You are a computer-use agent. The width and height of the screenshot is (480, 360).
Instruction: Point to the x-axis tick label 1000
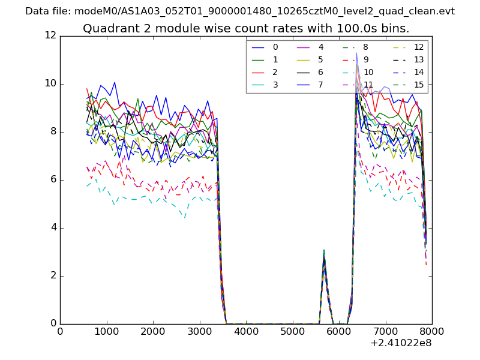(107, 332)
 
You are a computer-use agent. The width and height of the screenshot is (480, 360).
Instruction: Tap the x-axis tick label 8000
(432, 332)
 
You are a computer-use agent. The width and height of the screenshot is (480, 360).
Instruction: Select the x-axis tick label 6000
(339, 332)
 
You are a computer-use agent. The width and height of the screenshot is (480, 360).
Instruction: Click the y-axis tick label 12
(50, 35)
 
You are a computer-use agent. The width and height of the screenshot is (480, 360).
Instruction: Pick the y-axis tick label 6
(53, 179)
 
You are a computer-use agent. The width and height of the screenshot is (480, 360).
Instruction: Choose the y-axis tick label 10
(50, 83)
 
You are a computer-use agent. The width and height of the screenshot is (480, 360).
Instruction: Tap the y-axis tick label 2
(53, 275)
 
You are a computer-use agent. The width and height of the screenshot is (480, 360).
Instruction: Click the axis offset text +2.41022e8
(400, 343)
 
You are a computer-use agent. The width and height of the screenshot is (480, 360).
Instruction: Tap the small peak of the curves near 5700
(324, 252)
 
